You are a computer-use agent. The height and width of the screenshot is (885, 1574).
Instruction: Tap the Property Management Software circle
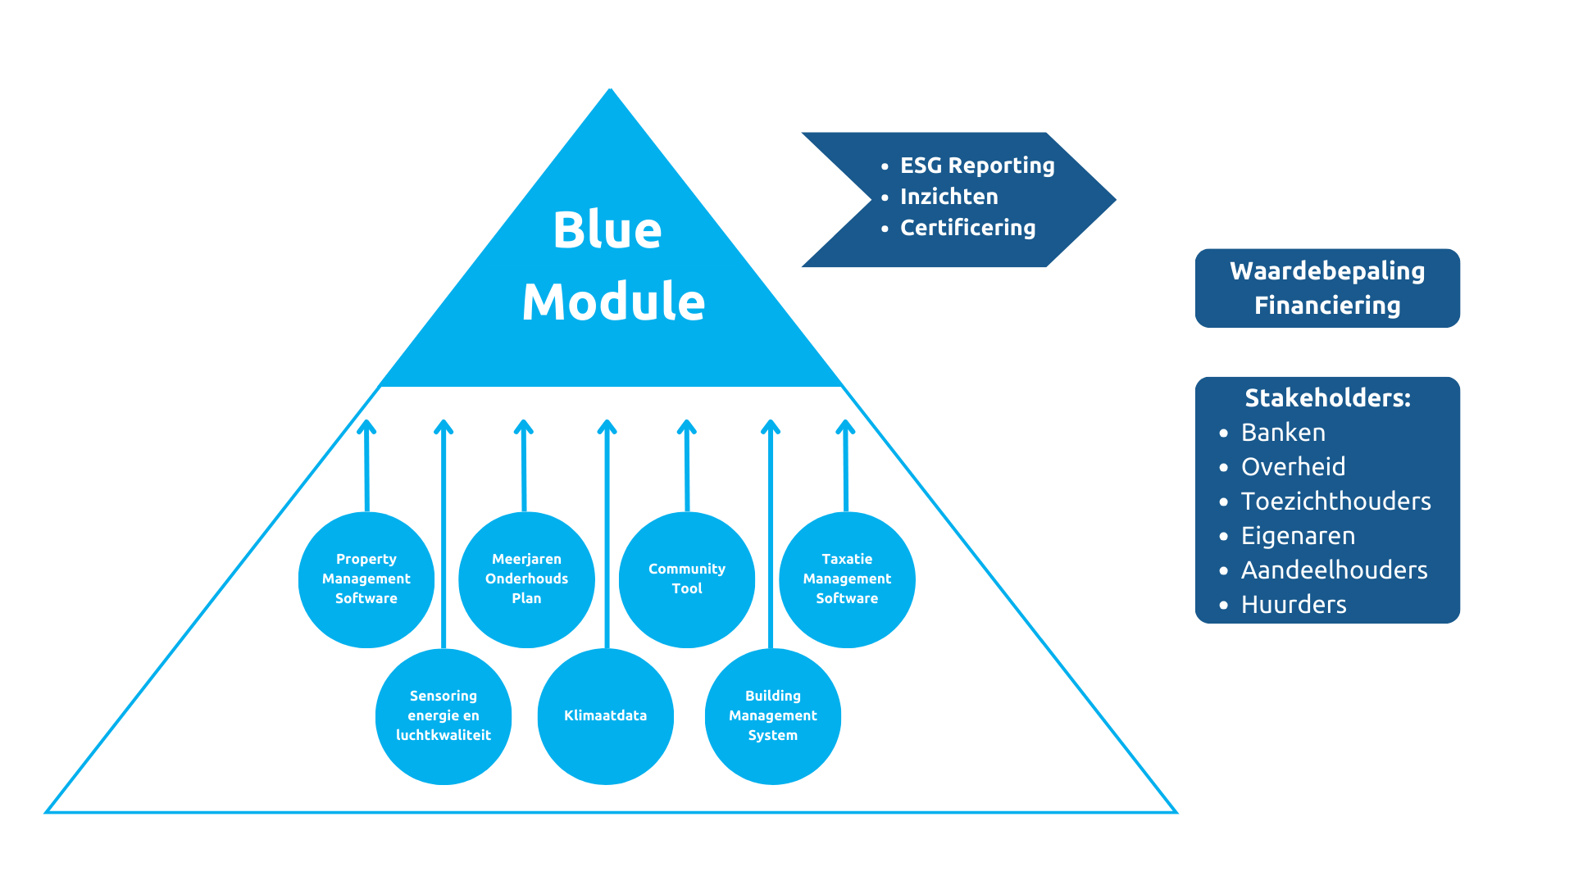pyautogui.click(x=366, y=579)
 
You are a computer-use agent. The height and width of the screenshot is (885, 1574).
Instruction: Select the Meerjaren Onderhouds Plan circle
pyautogui.click(x=526, y=579)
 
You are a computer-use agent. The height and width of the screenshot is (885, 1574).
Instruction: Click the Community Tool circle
pyautogui.click(x=687, y=579)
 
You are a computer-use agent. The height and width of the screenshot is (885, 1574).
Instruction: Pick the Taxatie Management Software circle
pyautogui.click(x=847, y=579)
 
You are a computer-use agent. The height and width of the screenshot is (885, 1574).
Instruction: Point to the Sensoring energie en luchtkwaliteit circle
pyautogui.click(x=444, y=716)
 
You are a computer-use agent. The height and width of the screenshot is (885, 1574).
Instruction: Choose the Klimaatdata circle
pyautogui.click(x=606, y=716)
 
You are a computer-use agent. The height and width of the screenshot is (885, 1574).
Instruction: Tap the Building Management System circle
pyautogui.click(x=773, y=716)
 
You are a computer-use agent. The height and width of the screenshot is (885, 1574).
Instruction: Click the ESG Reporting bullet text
pyautogui.click(x=977, y=166)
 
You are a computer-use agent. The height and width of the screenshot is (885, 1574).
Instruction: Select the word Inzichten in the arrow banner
pyautogui.click(x=949, y=197)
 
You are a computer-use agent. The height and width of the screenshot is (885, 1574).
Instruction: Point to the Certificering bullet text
pyautogui.click(x=968, y=228)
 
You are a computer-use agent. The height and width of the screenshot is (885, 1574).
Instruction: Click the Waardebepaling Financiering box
pyautogui.click(x=1327, y=288)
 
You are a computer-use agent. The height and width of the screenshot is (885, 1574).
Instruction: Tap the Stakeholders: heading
pyautogui.click(x=1327, y=398)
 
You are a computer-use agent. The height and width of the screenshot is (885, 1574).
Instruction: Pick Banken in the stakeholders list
pyautogui.click(x=1283, y=433)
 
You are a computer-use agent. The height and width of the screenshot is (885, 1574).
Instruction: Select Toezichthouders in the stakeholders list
pyautogui.click(x=1336, y=501)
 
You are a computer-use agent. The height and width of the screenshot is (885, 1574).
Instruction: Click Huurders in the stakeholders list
pyautogui.click(x=1294, y=605)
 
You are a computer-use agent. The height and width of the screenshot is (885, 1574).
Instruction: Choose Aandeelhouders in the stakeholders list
pyautogui.click(x=1335, y=570)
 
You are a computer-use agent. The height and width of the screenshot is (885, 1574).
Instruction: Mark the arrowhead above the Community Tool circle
pyautogui.click(x=687, y=426)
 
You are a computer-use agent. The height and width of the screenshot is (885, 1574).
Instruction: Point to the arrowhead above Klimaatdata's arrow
pyautogui.click(x=607, y=426)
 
